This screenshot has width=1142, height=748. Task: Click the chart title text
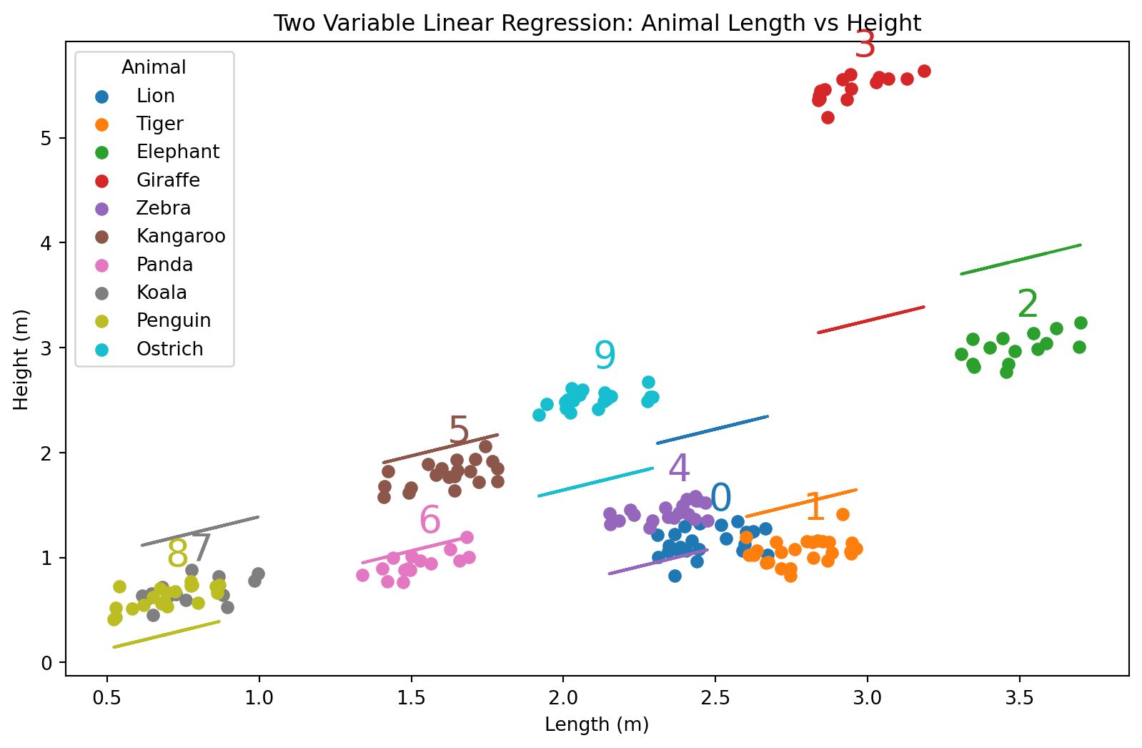click(x=597, y=23)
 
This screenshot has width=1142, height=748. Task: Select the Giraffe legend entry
click(x=168, y=180)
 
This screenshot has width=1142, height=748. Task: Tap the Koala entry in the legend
click(x=162, y=292)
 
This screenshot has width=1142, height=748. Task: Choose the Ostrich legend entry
click(x=169, y=349)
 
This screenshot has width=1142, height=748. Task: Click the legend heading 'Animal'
click(x=154, y=67)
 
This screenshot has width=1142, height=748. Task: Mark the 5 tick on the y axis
click(x=47, y=138)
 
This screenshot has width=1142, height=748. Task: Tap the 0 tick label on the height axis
click(x=47, y=663)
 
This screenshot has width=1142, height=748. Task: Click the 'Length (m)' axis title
click(x=597, y=724)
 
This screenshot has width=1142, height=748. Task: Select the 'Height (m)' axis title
click(x=21, y=360)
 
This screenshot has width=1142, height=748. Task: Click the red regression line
click(x=870, y=320)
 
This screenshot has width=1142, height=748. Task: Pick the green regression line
click(x=1021, y=260)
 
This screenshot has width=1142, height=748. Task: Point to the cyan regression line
click(x=595, y=482)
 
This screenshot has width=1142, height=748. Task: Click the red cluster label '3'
click(x=865, y=46)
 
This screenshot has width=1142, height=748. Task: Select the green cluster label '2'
click(x=1028, y=305)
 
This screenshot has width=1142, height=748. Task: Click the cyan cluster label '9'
click(x=605, y=355)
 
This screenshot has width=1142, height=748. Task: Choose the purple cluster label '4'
click(x=679, y=469)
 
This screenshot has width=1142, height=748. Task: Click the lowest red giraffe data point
click(x=828, y=117)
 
